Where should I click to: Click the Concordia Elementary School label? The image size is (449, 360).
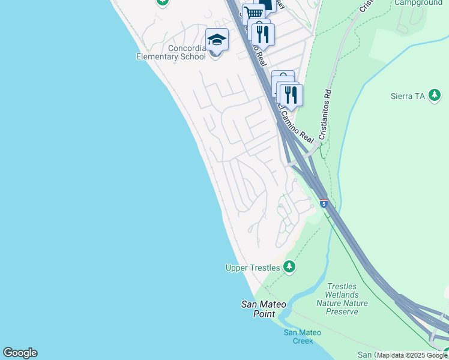coord(171,52)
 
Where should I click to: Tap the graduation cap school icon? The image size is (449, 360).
coord(217,40)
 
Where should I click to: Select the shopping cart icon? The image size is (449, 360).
coord(254,13)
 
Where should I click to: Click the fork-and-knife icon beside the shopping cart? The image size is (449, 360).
coord(262,33)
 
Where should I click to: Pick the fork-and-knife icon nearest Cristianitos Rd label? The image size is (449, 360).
coord(291,94)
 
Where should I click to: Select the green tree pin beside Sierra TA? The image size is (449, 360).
coord(435,95)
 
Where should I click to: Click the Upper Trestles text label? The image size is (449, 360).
coord(253,268)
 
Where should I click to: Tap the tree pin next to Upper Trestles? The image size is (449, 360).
coord(289,266)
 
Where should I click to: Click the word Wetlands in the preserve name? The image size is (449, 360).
coord(342,295)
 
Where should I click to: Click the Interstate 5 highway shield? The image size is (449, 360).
coord(324,204)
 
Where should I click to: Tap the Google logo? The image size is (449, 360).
coord(20,353)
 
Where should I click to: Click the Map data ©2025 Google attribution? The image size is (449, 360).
coord(411,355)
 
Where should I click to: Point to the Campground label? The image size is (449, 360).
coord(418,3)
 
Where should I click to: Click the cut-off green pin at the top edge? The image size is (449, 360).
coord(163,2)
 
